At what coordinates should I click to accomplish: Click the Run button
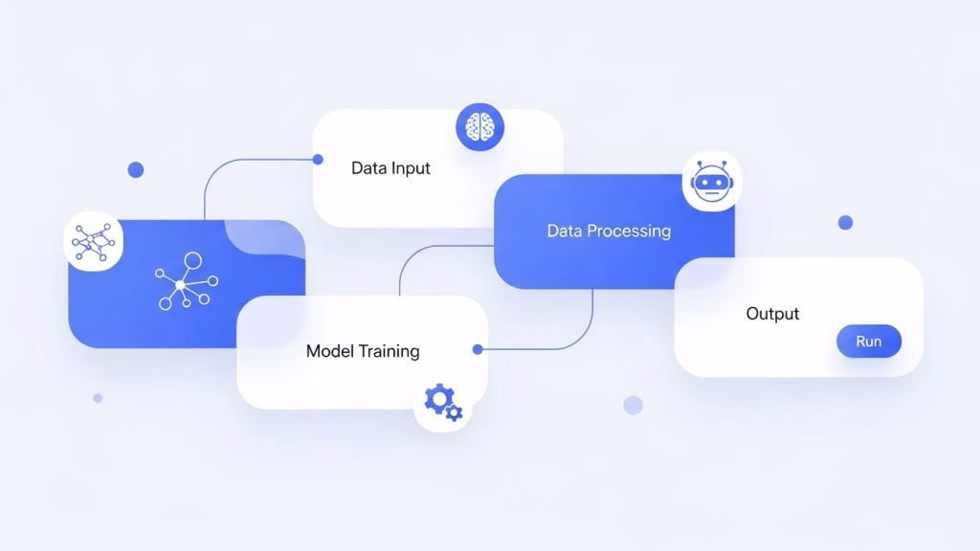click(869, 342)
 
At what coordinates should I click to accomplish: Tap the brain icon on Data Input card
click(480, 127)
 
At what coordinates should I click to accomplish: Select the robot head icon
click(712, 182)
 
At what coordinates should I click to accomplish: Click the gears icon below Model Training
click(443, 402)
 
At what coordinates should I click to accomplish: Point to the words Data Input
click(390, 168)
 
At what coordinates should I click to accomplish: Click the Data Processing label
click(609, 231)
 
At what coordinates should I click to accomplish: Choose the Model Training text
click(363, 351)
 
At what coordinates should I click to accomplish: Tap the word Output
click(772, 314)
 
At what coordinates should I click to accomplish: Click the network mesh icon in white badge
click(93, 242)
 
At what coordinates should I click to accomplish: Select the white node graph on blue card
click(187, 281)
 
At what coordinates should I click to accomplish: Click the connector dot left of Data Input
click(318, 160)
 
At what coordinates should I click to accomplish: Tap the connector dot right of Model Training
click(478, 349)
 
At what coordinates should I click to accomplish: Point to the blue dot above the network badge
click(136, 170)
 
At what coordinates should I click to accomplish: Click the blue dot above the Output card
click(845, 222)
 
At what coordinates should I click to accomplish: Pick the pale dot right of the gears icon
click(634, 406)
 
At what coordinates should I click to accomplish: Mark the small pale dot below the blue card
click(98, 398)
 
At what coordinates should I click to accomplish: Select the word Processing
click(631, 231)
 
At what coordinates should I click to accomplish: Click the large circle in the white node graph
click(193, 260)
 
